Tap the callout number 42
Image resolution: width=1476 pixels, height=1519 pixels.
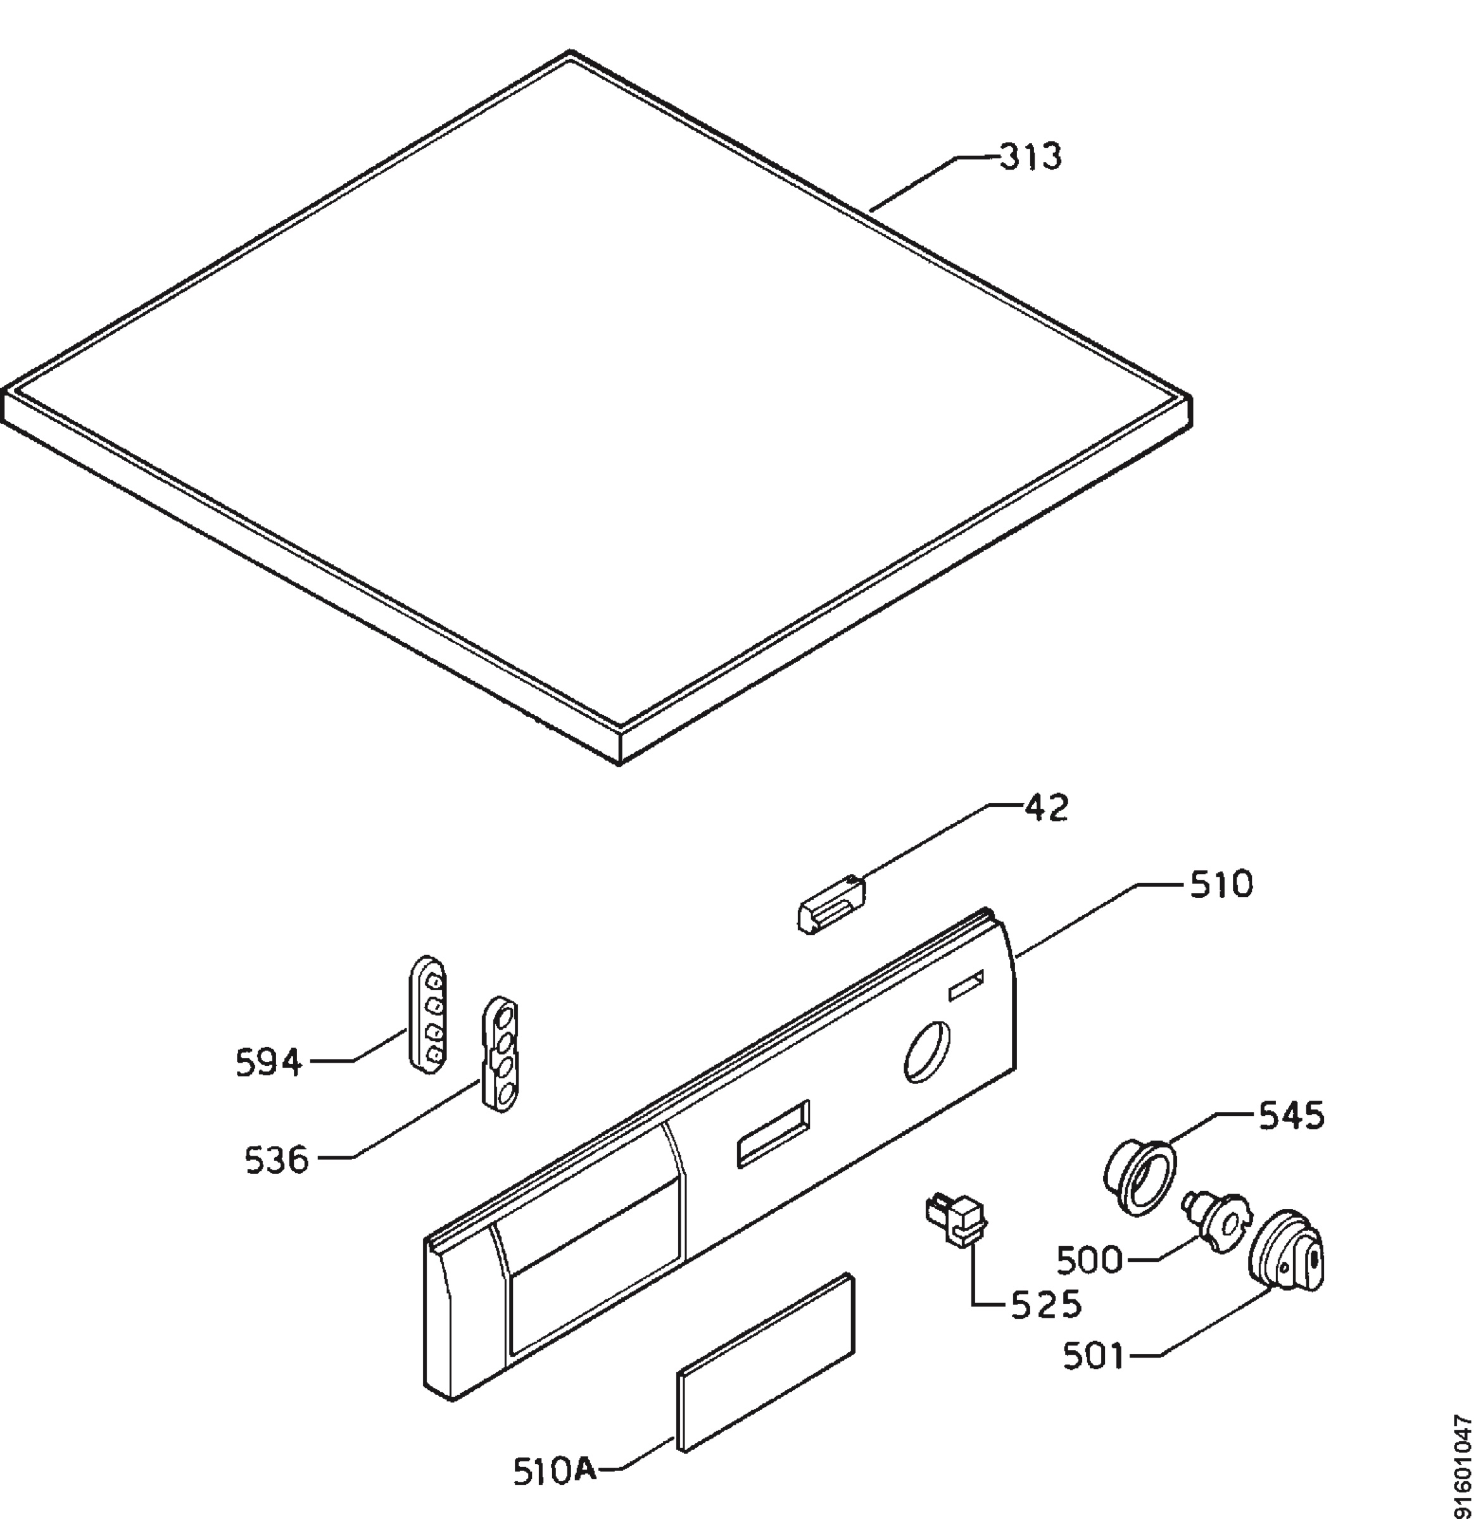point(1047,808)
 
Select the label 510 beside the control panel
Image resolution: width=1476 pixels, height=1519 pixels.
point(1221,884)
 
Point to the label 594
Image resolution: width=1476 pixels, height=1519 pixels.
point(268,1063)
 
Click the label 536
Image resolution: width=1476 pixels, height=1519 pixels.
point(277,1160)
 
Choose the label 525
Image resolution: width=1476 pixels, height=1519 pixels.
point(1046,1306)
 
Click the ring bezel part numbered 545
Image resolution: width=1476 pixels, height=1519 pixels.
point(1139,1178)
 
